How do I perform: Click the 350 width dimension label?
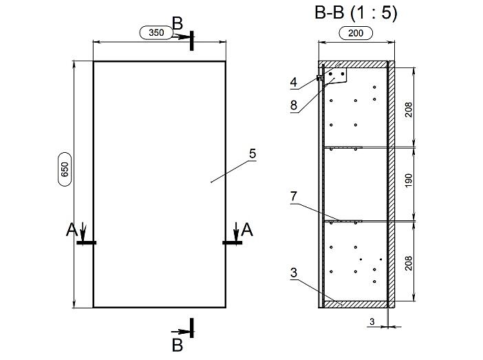pyautogui.click(x=156, y=32)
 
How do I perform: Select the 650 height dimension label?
pyautogui.click(x=65, y=169)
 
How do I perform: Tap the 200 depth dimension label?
pyautogui.click(x=356, y=33)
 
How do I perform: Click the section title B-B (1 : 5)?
pyautogui.click(x=356, y=13)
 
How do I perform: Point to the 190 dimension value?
pyautogui.click(x=409, y=181)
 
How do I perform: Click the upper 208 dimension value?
pyautogui.click(x=409, y=109)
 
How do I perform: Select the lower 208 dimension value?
pyautogui.click(x=409, y=263)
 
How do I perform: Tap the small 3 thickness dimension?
pyautogui.click(x=372, y=321)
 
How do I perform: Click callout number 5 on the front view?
pyautogui.click(x=253, y=153)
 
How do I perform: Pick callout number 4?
pyautogui.click(x=294, y=83)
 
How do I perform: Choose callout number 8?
pyautogui.click(x=294, y=105)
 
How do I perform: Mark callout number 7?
pyautogui.click(x=294, y=196)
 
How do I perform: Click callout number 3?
pyautogui.click(x=294, y=273)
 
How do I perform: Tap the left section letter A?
pyautogui.click(x=72, y=230)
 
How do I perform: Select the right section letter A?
pyautogui.click(x=247, y=230)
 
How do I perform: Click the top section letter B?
pyautogui.click(x=178, y=23)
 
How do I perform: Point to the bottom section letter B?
pyautogui.click(x=178, y=346)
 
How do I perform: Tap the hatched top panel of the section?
pyautogui.click(x=353, y=65)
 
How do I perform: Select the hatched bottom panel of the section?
pyautogui.click(x=354, y=304)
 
